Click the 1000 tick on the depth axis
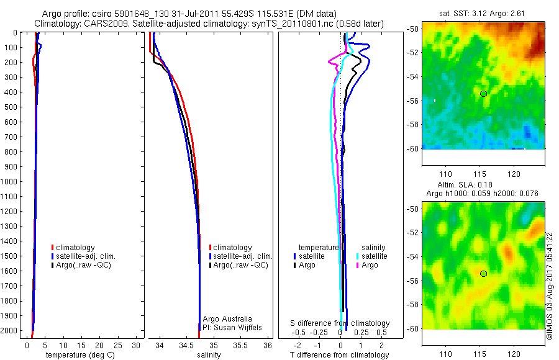coord(10,182)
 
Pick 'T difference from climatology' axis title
coord(340,355)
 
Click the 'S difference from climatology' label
coord(340,323)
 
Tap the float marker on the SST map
coord(483,93)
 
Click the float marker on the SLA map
coord(483,273)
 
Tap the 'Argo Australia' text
coord(227,318)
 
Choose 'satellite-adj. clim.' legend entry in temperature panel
coord(86,256)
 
